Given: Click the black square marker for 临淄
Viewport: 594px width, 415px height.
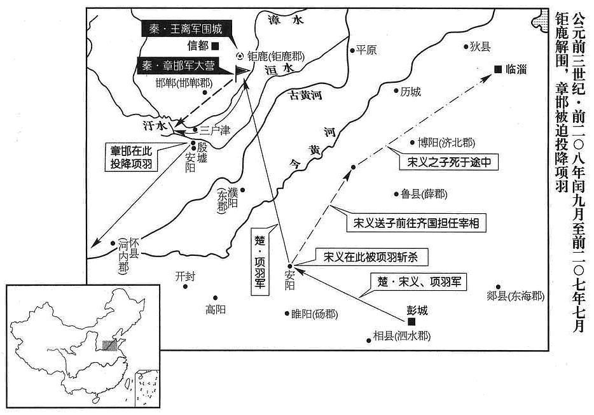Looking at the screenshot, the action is tap(498, 69).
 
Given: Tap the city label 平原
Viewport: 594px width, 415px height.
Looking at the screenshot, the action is tap(366, 50).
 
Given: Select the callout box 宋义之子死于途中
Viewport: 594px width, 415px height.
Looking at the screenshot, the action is tap(449, 162).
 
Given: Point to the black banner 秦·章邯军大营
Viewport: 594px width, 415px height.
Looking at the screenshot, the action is tap(181, 66).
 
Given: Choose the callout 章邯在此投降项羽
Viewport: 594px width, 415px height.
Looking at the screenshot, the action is tap(131, 158).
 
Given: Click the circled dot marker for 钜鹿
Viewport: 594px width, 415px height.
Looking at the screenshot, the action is tap(239, 57).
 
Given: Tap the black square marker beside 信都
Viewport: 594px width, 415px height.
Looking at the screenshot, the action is tap(215, 46).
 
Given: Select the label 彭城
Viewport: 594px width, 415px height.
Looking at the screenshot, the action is tap(417, 311).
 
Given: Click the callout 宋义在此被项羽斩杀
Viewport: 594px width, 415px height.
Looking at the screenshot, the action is tap(371, 257).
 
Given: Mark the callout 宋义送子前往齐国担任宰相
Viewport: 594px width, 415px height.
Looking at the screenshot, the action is tap(416, 223).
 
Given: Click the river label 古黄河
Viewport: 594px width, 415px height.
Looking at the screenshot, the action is tap(306, 95).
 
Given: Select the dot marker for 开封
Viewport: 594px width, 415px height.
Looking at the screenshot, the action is tap(185, 286).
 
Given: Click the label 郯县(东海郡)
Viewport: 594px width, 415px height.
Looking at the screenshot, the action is tap(515, 296).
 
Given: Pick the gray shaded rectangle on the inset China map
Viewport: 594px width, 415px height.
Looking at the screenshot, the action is tap(110, 346).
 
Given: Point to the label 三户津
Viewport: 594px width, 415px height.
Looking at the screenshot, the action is tap(215, 130).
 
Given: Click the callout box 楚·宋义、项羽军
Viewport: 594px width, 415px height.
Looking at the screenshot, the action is tap(419, 282).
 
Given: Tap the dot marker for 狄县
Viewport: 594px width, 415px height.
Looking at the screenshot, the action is tap(466, 46).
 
